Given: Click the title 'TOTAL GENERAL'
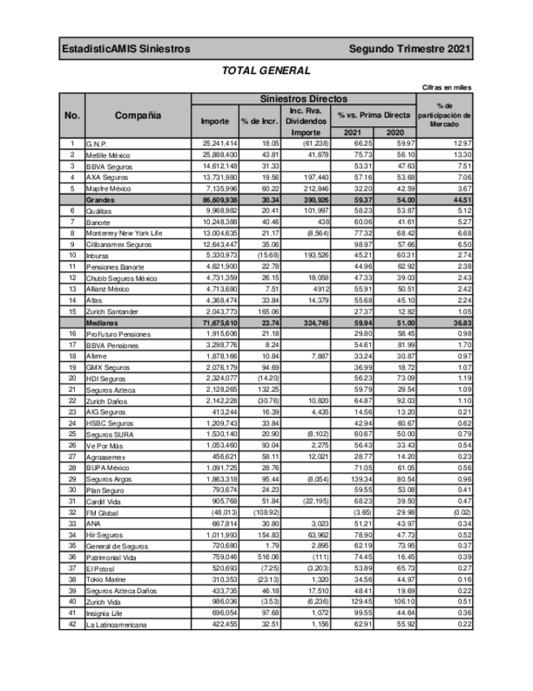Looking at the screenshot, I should coord(266,71).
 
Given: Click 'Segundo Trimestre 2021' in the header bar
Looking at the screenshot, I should coord(409,50).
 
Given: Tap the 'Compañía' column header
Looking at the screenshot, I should coord(138,116).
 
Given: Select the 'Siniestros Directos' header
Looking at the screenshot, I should coord(303,99).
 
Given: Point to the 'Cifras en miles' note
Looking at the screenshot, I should coord(447,87).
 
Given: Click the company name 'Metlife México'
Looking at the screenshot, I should coord(111,154).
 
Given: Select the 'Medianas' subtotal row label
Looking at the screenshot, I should coord(103,323).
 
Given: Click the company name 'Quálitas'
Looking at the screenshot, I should coord(101,210).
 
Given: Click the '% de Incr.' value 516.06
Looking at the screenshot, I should coord(258,557).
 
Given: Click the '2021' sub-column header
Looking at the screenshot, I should coord(352,132).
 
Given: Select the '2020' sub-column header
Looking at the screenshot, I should coord(395,132).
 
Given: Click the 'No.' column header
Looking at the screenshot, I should coord(72,116).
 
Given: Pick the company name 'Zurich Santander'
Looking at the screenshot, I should coord(114,312).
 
